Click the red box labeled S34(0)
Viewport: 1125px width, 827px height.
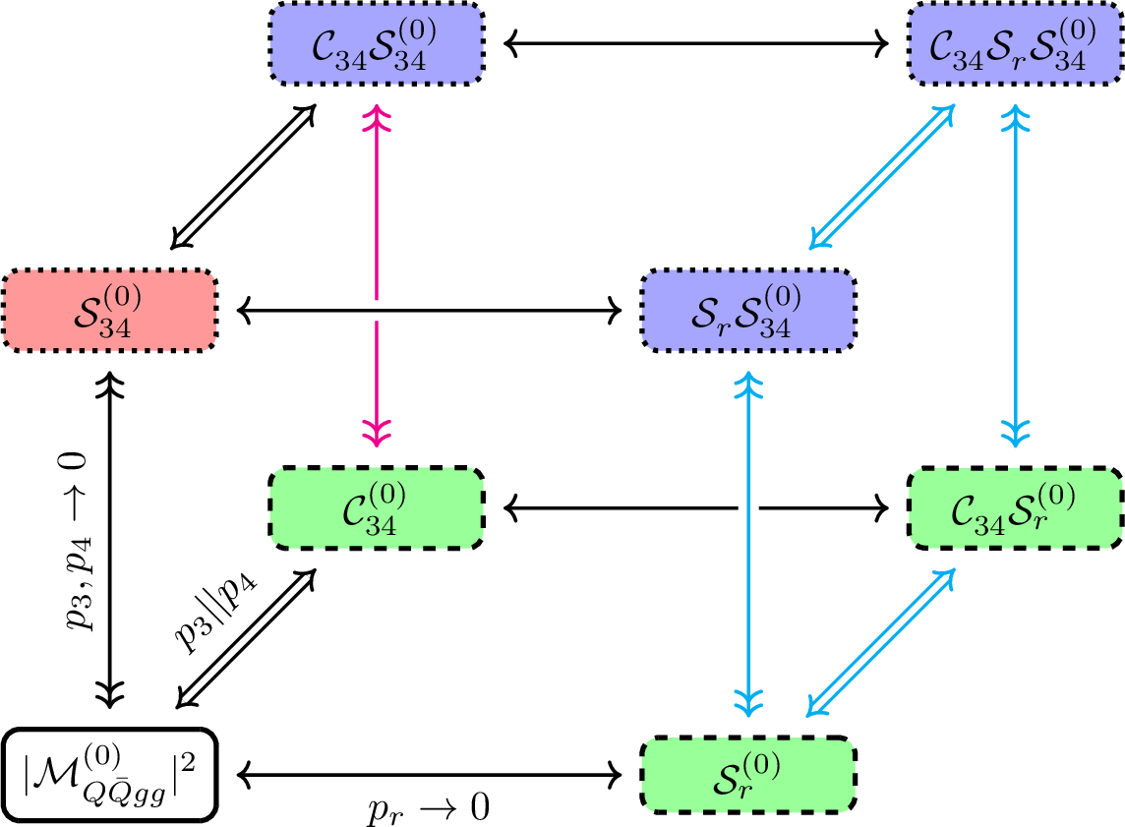109,311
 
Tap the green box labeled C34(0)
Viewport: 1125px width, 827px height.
377,508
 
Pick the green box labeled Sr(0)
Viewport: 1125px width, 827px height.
748,775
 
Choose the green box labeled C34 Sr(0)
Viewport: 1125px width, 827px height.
1014,508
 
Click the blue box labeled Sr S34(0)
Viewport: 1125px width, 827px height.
748,311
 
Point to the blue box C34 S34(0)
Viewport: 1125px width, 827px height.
377,44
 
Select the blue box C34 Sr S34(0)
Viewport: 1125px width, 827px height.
1014,44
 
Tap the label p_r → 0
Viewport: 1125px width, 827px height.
429,809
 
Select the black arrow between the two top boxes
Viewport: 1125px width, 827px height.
695,43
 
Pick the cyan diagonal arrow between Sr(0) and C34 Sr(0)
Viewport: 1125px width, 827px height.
880,641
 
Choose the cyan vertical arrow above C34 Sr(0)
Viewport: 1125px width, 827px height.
1014,275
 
